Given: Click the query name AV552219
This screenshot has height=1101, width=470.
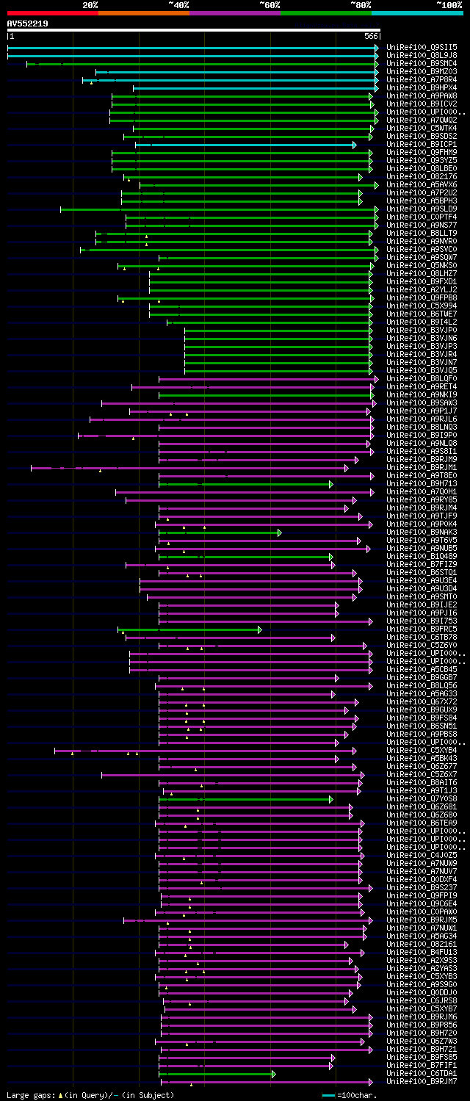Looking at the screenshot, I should click(27, 24).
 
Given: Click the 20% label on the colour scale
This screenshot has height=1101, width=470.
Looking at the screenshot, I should click(90, 5).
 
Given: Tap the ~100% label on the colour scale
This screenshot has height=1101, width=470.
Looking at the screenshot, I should click(449, 5).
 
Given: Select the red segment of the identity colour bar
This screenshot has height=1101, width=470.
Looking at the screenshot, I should click(52, 13).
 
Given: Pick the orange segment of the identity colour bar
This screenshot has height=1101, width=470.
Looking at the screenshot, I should click(143, 13).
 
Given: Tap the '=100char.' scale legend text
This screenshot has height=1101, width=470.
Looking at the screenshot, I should click(357, 1095).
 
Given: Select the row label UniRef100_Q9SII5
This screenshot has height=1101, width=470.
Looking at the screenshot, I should click(422, 47).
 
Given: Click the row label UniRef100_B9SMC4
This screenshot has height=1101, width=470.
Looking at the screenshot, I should click(422, 63).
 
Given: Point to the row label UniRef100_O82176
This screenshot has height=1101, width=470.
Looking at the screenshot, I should click(422, 176).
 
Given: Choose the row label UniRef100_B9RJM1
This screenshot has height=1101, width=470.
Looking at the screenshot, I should click(422, 467).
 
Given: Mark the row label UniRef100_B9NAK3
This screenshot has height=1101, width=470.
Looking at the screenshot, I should click(422, 532).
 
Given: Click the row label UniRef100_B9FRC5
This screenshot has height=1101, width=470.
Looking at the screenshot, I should click(422, 629).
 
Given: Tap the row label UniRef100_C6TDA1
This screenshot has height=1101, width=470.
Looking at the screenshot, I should click(422, 1073).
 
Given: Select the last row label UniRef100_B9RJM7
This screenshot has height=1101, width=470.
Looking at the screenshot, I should click(422, 1081).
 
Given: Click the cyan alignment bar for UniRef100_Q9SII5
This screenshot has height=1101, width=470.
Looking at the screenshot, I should click(191, 48).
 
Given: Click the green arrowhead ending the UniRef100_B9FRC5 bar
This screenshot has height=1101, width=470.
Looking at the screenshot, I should click(259, 629).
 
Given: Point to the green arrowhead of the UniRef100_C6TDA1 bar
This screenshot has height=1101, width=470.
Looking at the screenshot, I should click(273, 1074).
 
